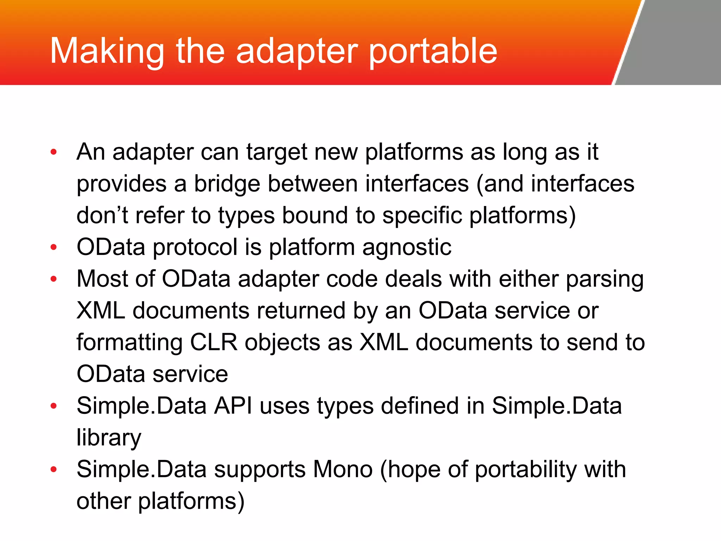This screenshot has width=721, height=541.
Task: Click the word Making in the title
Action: (x=107, y=52)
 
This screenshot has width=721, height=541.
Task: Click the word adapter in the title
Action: (x=296, y=52)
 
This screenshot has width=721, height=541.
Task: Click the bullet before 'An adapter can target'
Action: (x=54, y=152)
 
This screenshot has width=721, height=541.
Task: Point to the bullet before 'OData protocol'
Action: (x=54, y=247)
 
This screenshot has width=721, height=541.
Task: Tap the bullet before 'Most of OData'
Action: (x=54, y=279)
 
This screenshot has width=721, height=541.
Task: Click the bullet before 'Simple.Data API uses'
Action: (x=54, y=406)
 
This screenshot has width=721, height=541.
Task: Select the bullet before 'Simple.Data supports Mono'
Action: (x=54, y=470)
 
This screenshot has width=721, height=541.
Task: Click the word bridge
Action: (x=227, y=184)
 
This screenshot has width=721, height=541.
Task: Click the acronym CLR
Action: (x=214, y=342)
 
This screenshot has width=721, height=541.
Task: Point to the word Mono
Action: (x=343, y=470)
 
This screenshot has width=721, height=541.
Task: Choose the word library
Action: (x=109, y=438)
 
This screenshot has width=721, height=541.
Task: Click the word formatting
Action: (x=130, y=343)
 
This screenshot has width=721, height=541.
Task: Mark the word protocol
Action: (x=195, y=247)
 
